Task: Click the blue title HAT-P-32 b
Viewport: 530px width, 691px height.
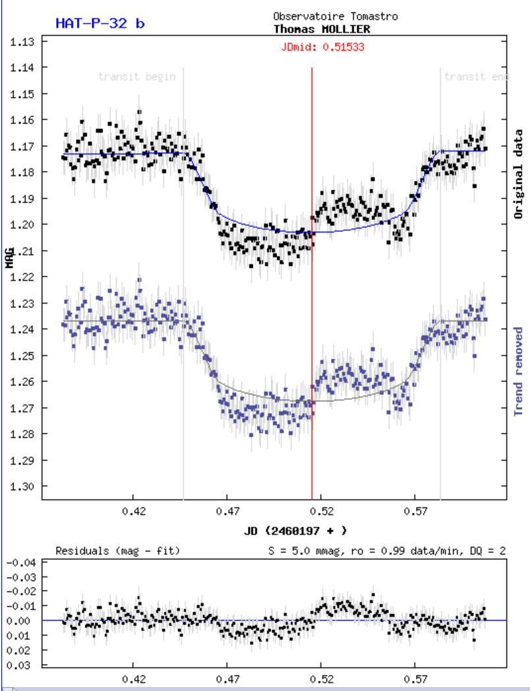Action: [100, 23]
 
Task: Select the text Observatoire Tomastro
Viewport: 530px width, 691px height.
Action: [336, 16]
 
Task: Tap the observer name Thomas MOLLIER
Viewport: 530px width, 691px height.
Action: [322, 29]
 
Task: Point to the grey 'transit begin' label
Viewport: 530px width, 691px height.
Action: [137, 76]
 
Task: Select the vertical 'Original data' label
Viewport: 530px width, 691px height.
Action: [518, 174]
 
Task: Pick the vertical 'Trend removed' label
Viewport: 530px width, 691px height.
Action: [518, 371]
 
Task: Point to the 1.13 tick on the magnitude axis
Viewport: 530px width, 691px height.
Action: [24, 41]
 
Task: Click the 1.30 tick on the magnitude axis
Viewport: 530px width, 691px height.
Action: [24, 486]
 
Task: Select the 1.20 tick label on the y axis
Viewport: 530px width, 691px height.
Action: [24, 225]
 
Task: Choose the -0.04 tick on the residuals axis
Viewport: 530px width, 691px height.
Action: [22, 563]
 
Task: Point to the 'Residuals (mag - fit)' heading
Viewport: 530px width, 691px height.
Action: [118, 550]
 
